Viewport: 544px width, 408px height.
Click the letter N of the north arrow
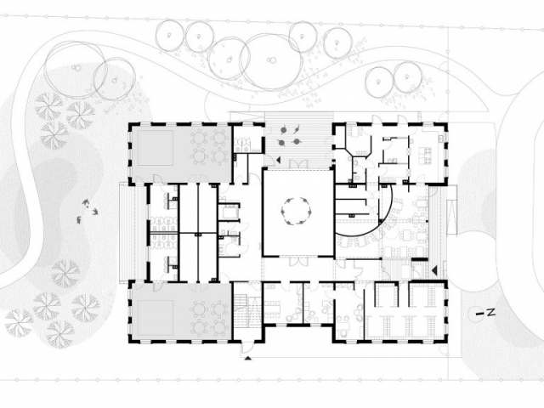[x=490, y=313]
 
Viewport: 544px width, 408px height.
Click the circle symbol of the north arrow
[x=474, y=314]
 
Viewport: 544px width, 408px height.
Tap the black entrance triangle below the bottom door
[x=247, y=359]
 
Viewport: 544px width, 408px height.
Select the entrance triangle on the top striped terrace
[x=278, y=160]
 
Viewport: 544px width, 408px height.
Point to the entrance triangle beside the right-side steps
[x=433, y=269]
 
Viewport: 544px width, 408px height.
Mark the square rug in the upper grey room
[x=155, y=148]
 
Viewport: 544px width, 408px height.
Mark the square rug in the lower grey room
[x=155, y=318]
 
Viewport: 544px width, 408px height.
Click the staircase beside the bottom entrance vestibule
[x=241, y=310]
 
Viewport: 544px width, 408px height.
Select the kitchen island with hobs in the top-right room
[x=426, y=156]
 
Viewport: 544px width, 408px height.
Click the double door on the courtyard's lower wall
[x=298, y=262]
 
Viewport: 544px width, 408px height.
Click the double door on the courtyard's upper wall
[x=297, y=164]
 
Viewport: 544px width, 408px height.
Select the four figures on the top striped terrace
[x=290, y=136]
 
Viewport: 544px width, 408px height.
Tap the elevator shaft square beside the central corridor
[x=229, y=212]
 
